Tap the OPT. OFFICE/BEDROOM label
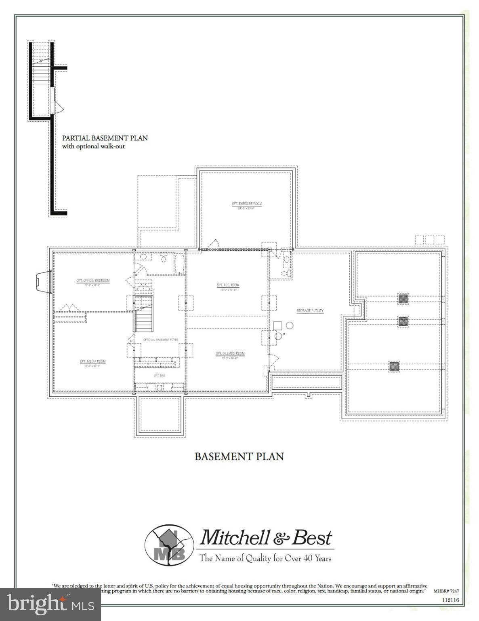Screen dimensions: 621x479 93,281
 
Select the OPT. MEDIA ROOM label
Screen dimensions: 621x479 92,361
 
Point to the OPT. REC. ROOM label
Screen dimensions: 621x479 228,285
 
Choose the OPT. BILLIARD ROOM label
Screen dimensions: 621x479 230,353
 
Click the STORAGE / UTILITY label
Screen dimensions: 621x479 310,310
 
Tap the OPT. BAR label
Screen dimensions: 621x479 159,376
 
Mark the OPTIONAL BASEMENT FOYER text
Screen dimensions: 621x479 161,340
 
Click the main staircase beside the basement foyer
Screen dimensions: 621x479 144,314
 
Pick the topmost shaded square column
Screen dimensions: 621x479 403,299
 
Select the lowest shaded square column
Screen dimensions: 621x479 394,366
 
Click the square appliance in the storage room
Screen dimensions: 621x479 277,325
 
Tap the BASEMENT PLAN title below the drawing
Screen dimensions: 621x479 239,456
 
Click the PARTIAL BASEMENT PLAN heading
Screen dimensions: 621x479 105,138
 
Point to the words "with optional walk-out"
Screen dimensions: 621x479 93,146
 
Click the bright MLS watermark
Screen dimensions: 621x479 50,604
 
